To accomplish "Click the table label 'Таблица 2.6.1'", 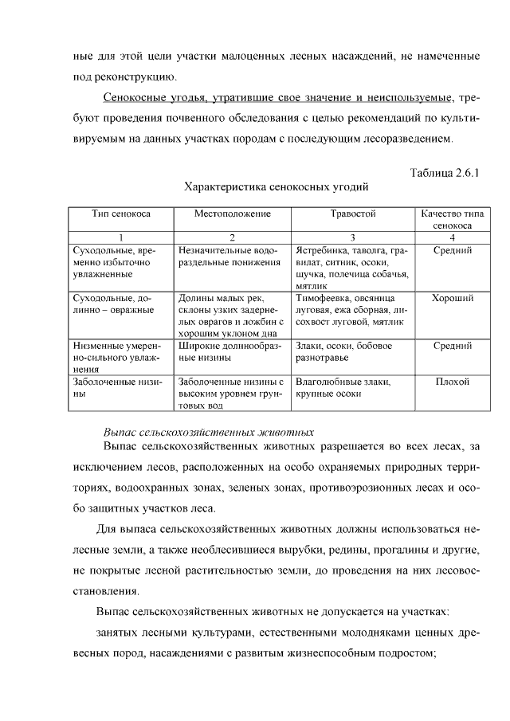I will (x=447, y=173).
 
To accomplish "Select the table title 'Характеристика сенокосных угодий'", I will (x=276, y=187).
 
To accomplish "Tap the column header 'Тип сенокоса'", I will (x=120, y=214).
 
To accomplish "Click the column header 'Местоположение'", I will (x=233, y=214).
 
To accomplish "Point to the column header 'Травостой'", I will (x=353, y=214).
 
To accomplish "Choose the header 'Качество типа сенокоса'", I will (x=452, y=220).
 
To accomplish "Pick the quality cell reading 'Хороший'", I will (x=452, y=298).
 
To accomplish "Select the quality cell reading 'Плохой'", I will (x=452, y=382).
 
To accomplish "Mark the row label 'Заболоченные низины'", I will (x=117, y=387).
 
